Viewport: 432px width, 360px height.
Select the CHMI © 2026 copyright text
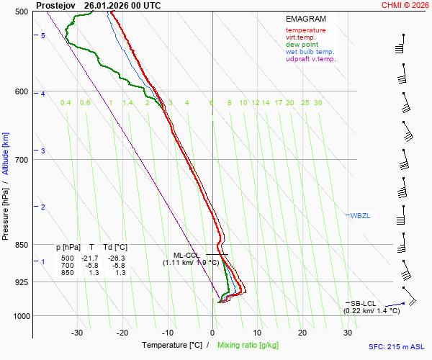[x=405, y=5]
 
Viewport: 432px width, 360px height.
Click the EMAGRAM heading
[x=305, y=19]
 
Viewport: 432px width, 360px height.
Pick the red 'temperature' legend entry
[x=305, y=30]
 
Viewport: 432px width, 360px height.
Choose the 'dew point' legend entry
[x=302, y=45]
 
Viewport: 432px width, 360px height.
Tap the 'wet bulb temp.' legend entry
[x=310, y=52]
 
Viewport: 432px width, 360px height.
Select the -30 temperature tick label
[x=77, y=333]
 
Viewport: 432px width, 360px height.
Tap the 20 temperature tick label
[x=302, y=333]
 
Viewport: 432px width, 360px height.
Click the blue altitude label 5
[x=43, y=36]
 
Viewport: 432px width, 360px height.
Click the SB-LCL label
[x=364, y=303]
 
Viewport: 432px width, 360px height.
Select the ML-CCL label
[x=186, y=255]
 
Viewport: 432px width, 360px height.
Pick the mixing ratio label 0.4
[x=66, y=103]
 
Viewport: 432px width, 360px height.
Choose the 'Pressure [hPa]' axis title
[x=6, y=216]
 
